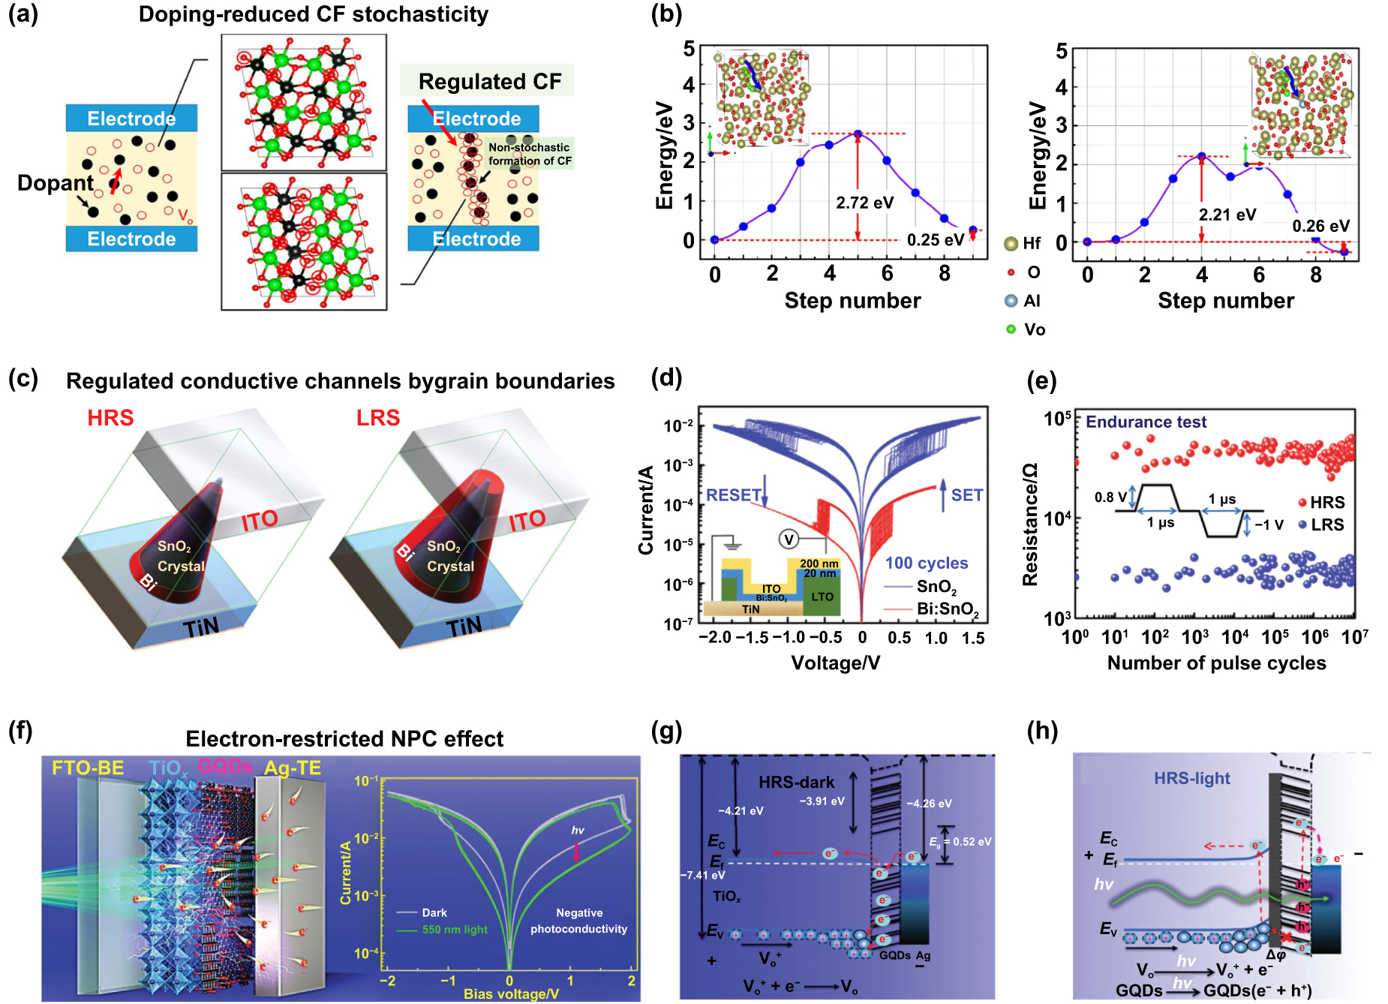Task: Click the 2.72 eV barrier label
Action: [x=864, y=203]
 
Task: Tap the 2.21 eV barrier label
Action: [x=1227, y=215]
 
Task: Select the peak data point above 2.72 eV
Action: [x=858, y=134]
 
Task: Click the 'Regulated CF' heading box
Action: [x=489, y=81]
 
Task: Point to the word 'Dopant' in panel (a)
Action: [x=56, y=183]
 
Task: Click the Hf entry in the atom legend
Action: [x=1023, y=243]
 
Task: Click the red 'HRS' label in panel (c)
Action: [x=110, y=418]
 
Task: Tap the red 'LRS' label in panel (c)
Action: [x=378, y=418]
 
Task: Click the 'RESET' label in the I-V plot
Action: [x=733, y=495]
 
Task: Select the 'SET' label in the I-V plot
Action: [x=966, y=495]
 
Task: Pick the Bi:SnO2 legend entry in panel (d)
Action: [x=947, y=609]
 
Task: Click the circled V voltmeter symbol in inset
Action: [x=788, y=540]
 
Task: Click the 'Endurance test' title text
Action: [x=1146, y=422]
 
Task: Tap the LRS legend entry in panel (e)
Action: [x=1321, y=525]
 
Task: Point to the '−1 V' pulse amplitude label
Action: [x=1269, y=525]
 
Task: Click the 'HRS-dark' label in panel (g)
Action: [x=796, y=783]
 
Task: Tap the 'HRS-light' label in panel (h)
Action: [x=1191, y=779]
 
